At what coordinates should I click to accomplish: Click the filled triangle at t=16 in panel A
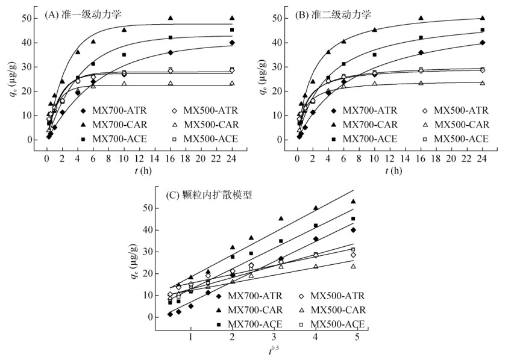coord(170,18)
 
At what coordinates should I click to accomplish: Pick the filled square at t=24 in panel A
coord(231,30)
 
